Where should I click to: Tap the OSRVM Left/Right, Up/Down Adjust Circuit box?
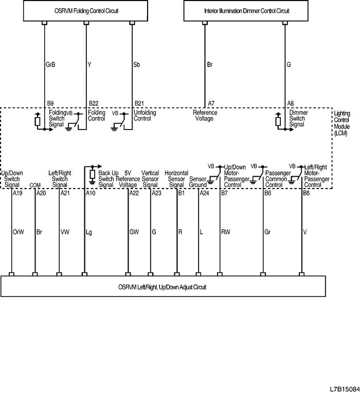(x=163, y=287)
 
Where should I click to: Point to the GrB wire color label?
(x=51, y=65)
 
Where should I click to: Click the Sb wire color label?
(x=137, y=65)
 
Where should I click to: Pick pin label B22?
(x=94, y=103)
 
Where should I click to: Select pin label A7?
(x=211, y=103)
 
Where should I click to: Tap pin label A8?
(x=291, y=103)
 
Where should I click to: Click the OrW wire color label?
(x=18, y=232)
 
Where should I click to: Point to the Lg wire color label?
(x=88, y=232)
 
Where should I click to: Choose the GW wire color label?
(x=134, y=232)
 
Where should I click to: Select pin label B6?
(x=267, y=193)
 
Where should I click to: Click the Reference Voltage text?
(x=205, y=116)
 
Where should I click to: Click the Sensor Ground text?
(x=197, y=182)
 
